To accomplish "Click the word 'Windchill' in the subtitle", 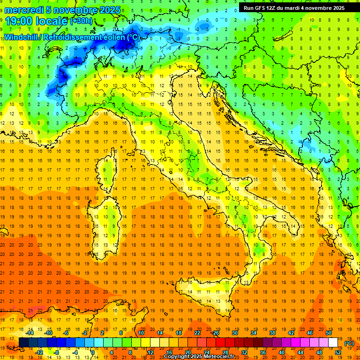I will point(22,37).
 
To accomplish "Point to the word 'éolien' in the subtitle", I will point(115,37).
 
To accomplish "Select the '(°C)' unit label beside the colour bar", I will point(350,343).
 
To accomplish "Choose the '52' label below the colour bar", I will point(338,352).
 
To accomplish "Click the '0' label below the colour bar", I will point(93,352).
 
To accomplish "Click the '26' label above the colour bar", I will point(216,333).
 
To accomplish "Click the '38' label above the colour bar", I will point(272,333).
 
